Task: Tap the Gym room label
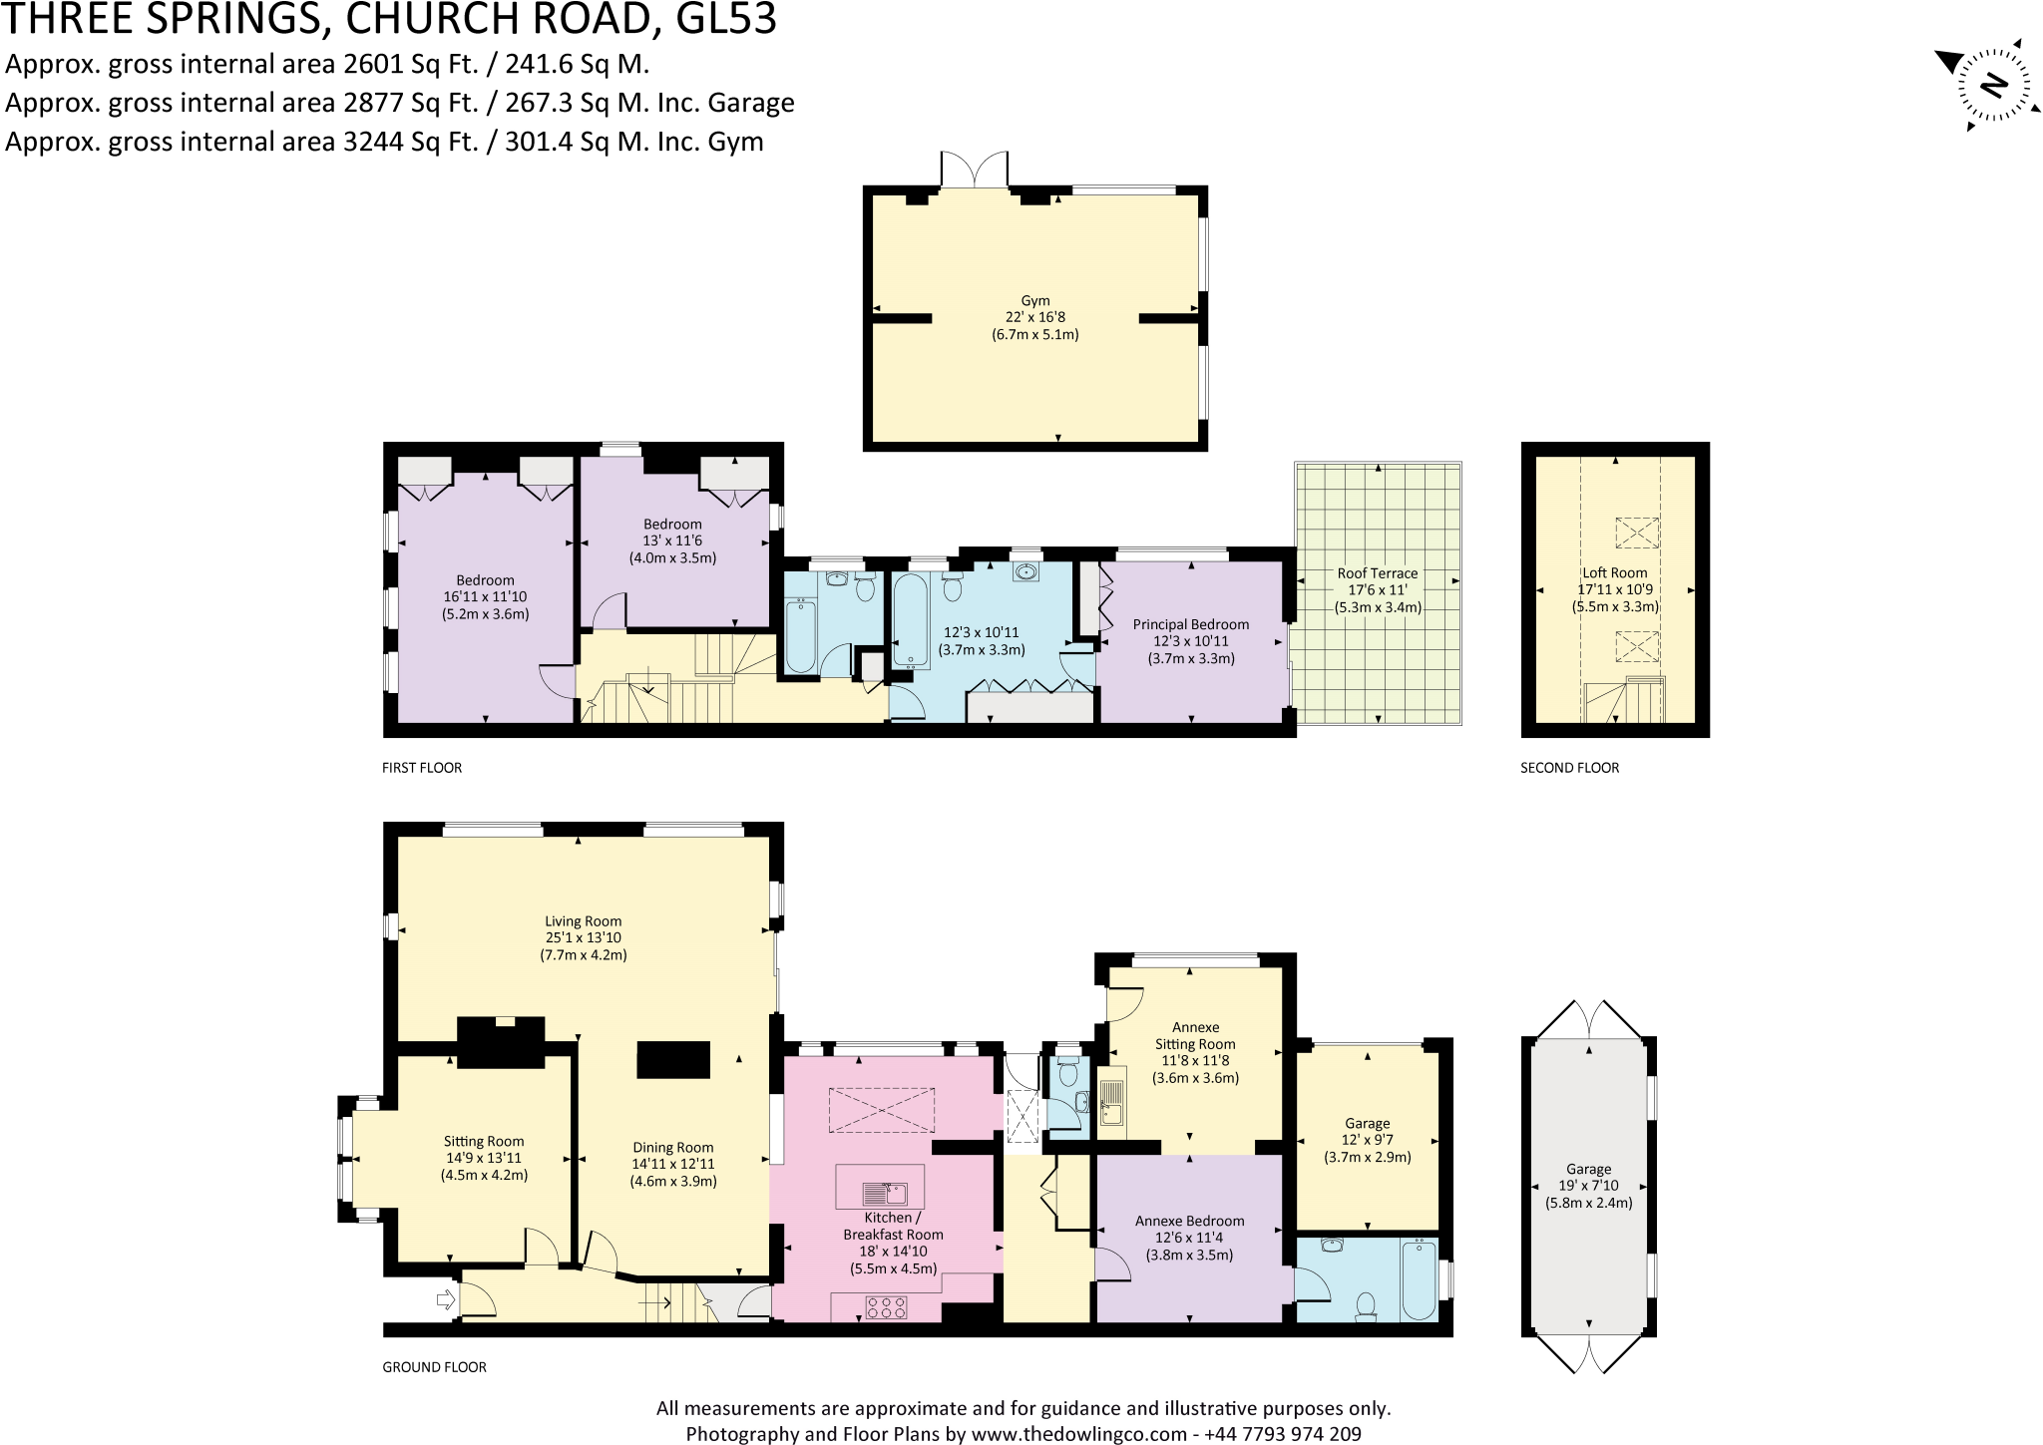[x=1034, y=301]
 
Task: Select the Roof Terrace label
[x=1377, y=573]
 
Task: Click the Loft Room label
[x=1614, y=572]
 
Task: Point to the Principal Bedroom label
[x=1190, y=624]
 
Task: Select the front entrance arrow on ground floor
[x=445, y=1299]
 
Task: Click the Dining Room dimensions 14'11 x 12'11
[x=672, y=1164]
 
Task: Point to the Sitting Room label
[x=484, y=1141]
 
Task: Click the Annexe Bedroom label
[x=1189, y=1221]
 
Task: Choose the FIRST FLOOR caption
[x=422, y=768]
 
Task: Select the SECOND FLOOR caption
[x=1569, y=768]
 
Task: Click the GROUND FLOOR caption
[x=434, y=1367]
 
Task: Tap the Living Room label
[x=583, y=921]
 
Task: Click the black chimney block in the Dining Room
[x=673, y=1059]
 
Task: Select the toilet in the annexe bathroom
[x=1366, y=1304]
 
